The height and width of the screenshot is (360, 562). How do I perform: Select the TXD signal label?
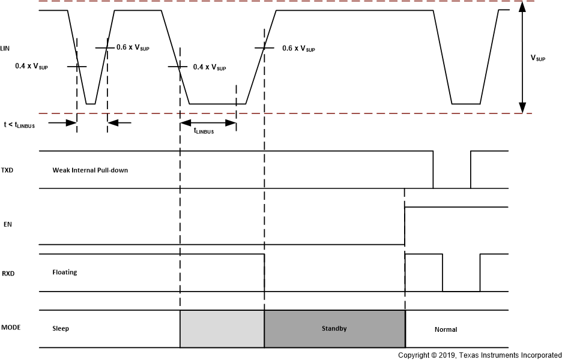(x=7, y=170)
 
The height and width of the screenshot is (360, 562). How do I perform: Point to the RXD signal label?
(x=7, y=274)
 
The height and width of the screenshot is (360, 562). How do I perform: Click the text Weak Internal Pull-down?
(x=90, y=170)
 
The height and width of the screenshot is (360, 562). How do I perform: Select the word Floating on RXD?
(x=65, y=272)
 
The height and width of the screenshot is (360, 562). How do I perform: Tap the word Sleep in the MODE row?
(x=61, y=329)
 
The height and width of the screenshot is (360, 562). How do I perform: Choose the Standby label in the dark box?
(x=334, y=328)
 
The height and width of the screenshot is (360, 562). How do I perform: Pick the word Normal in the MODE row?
(x=446, y=329)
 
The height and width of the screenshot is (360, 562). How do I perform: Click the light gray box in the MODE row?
(x=222, y=329)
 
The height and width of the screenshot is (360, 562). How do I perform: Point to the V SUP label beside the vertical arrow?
(x=538, y=58)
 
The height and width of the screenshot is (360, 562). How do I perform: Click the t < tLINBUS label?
(x=25, y=124)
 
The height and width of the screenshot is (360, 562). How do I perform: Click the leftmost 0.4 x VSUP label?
(x=31, y=67)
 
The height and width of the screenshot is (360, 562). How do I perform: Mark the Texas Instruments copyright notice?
(x=480, y=355)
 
